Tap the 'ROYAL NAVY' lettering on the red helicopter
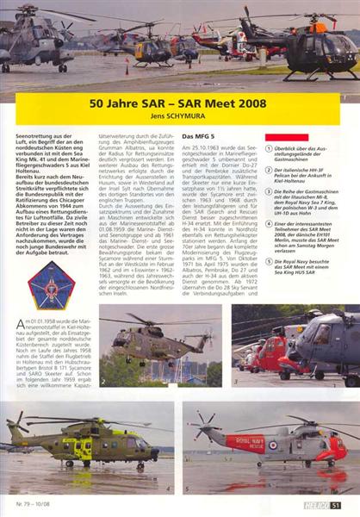click(x=245, y=441)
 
